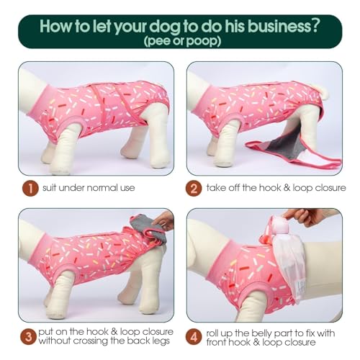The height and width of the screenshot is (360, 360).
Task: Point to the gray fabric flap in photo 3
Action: coord(148,227)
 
